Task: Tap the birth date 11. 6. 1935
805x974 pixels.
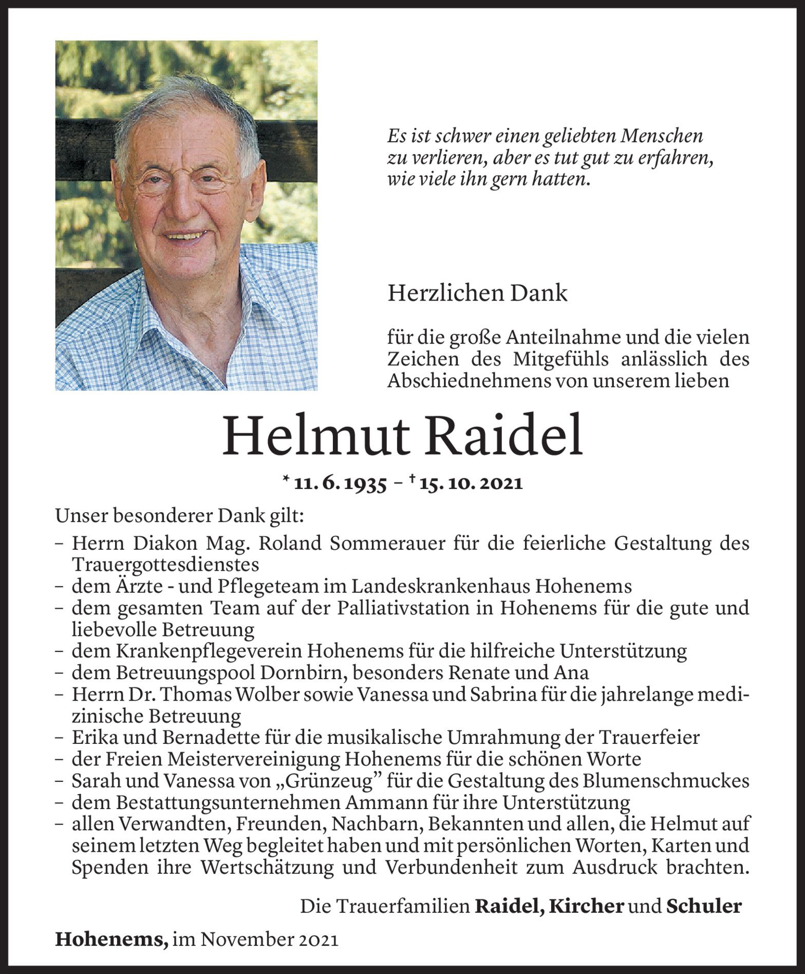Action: point(341,484)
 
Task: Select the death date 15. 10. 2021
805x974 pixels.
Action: point(470,484)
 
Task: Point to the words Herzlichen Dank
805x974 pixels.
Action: point(477,293)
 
